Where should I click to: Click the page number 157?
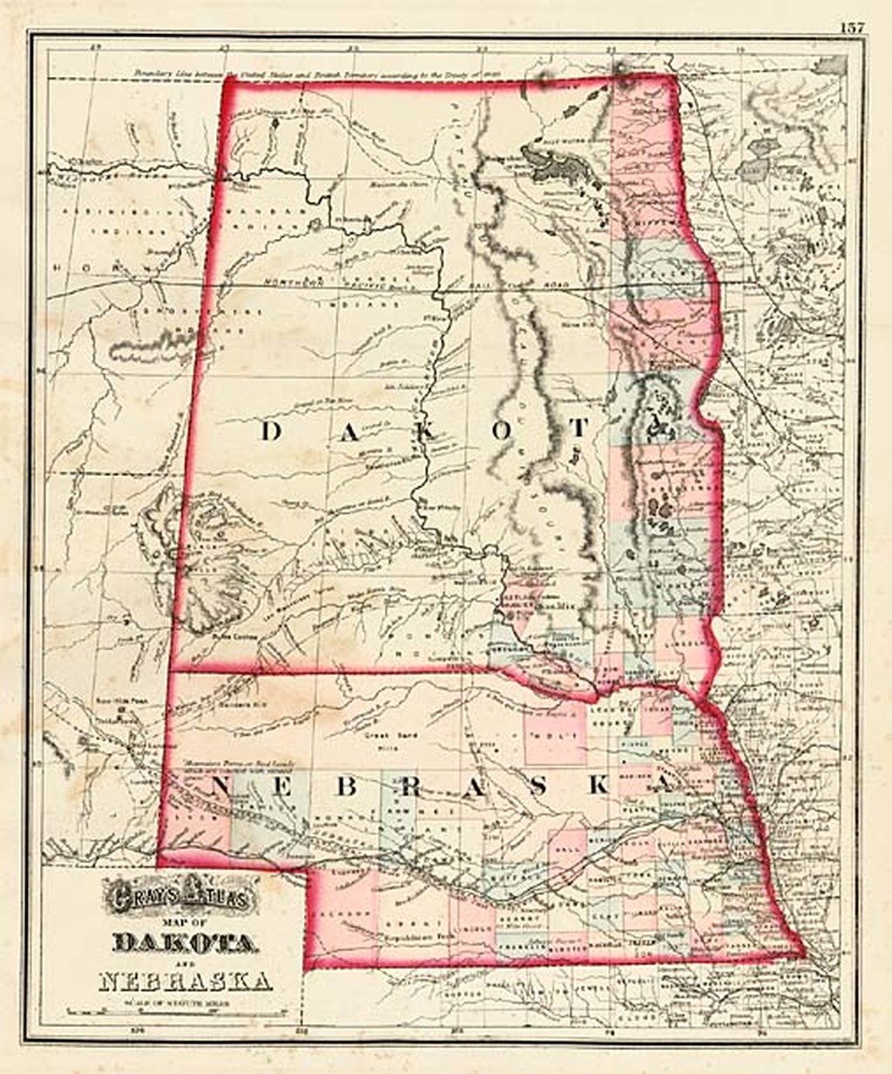point(853,26)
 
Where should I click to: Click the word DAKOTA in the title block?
point(185,942)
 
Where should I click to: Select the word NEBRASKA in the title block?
point(185,981)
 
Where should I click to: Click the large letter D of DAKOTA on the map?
point(271,431)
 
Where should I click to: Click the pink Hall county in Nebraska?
point(565,846)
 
